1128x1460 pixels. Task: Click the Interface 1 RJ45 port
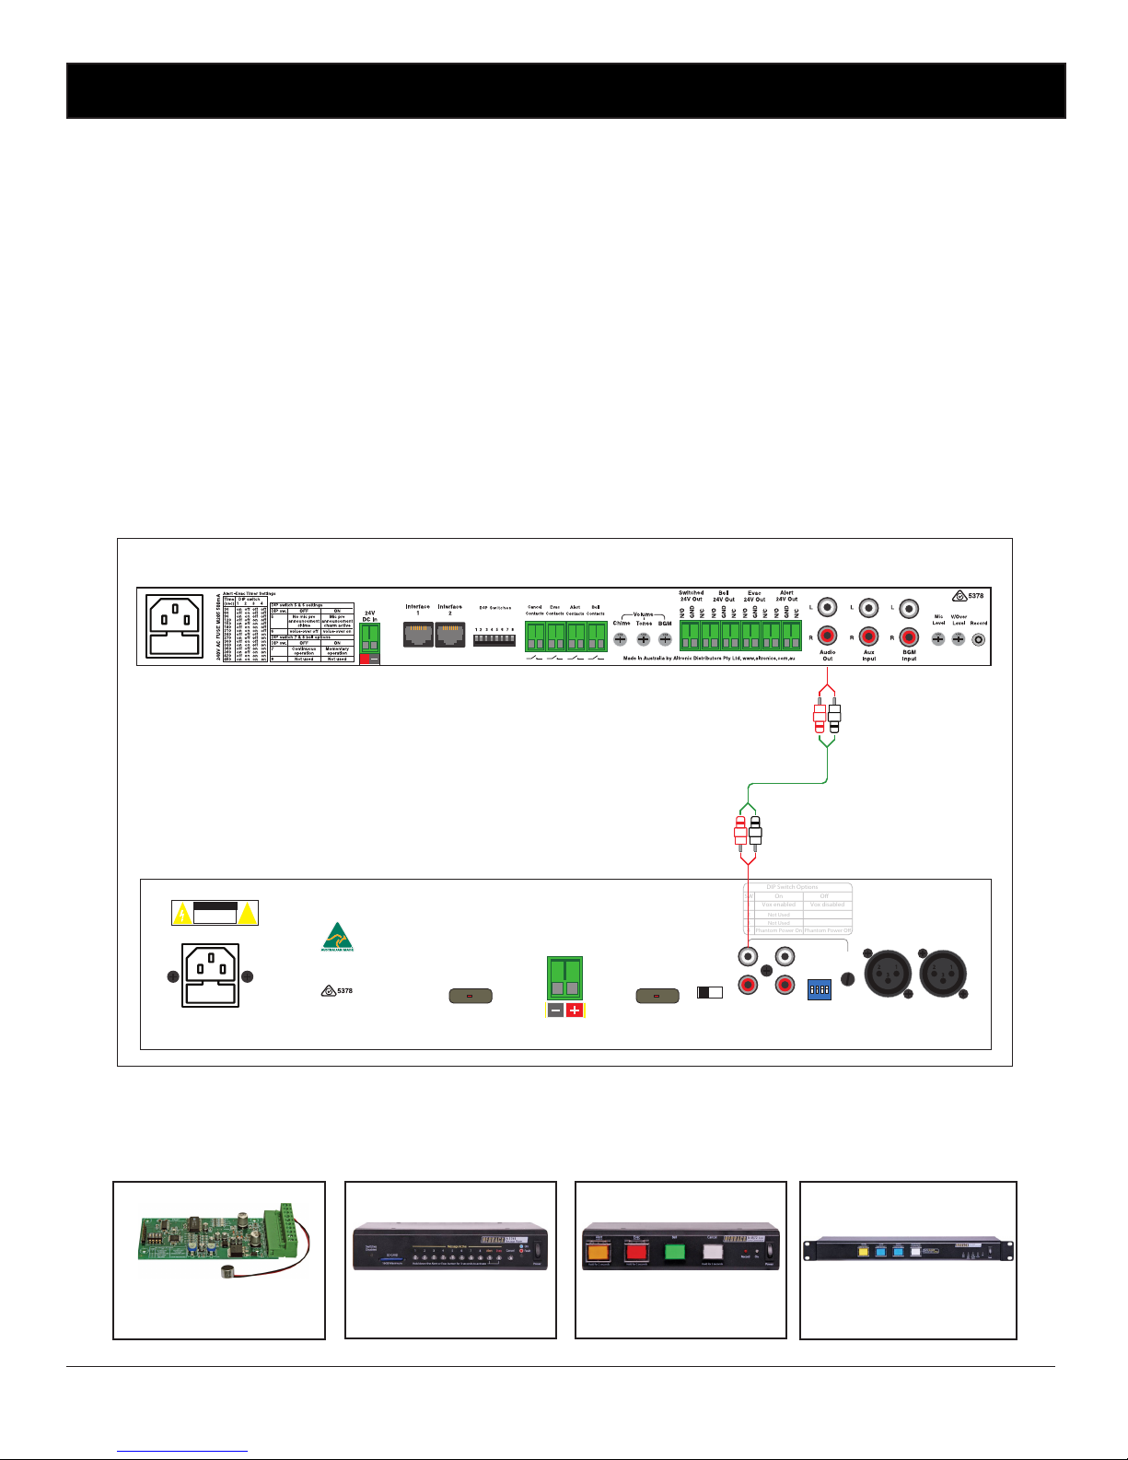pos(418,634)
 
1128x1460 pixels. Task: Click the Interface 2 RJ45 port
pos(450,634)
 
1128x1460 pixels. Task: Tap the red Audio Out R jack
pos(827,637)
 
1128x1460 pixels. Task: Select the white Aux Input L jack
pos(868,608)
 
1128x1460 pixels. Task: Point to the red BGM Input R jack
pos(909,637)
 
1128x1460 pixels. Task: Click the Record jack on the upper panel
pos(978,638)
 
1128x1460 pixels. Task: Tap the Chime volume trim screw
pos(621,638)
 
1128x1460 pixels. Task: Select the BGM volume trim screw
pos(665,638)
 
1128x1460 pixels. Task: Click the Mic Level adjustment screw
pos(938,638)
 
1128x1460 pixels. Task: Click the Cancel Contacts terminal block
pos(535,636)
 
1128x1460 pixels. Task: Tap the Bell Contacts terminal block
pos(596,636)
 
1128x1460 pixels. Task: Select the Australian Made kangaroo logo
pos(337,937)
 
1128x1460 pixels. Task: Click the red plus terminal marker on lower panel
pos(575,1010)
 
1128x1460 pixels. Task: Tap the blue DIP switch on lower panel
pos(819,989)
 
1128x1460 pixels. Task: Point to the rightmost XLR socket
pos(944,974)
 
